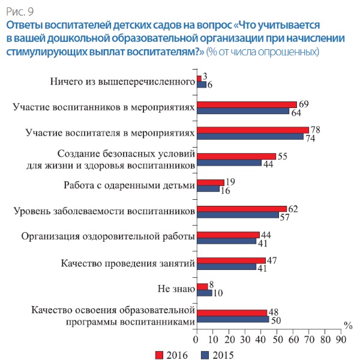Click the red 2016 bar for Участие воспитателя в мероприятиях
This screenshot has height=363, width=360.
coord(253,130)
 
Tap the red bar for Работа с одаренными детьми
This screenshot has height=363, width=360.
coord(210,182)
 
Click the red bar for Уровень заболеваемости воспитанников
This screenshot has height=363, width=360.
coord(242,209)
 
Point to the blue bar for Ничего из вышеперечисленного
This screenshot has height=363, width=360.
coord(202,85)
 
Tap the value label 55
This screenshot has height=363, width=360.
coord(282,156)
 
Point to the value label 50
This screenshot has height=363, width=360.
coord(275,320)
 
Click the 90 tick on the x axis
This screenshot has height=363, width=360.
coord(341,339)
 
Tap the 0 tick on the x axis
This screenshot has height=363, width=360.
coord(197,339)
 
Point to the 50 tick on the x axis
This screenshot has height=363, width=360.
coord(277,339)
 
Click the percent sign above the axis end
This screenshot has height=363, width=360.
coord(348,325)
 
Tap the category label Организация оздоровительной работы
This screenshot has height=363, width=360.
coord(108,236)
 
